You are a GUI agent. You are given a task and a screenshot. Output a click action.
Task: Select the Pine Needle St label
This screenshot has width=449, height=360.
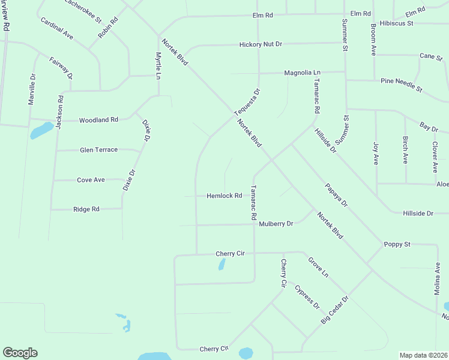(402, 85)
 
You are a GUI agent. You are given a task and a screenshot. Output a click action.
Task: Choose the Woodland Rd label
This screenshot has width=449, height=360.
(98, 120)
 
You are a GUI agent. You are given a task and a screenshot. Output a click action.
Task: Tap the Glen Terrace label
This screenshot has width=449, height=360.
(98, 149)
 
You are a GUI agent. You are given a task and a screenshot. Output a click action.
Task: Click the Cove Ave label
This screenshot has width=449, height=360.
(91, 179)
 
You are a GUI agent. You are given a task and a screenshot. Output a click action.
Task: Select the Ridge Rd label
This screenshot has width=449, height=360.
(86, 209)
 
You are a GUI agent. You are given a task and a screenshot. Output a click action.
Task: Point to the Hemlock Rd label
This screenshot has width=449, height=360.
(224, 196)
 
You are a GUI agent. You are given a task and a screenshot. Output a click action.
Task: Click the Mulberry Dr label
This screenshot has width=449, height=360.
(276, 224)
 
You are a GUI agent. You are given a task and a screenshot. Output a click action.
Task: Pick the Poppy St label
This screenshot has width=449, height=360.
(397, 244)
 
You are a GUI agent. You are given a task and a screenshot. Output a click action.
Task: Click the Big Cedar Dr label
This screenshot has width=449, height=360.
(334, 310)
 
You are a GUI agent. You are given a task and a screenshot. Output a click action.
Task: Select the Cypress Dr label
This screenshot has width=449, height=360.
(307, 296)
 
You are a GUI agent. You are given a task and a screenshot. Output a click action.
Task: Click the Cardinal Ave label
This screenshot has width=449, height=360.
(57, 28)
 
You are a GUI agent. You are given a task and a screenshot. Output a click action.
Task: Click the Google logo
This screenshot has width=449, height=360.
(20, 353)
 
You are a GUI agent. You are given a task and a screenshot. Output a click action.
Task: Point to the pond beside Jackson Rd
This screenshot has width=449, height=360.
(41, 130)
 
